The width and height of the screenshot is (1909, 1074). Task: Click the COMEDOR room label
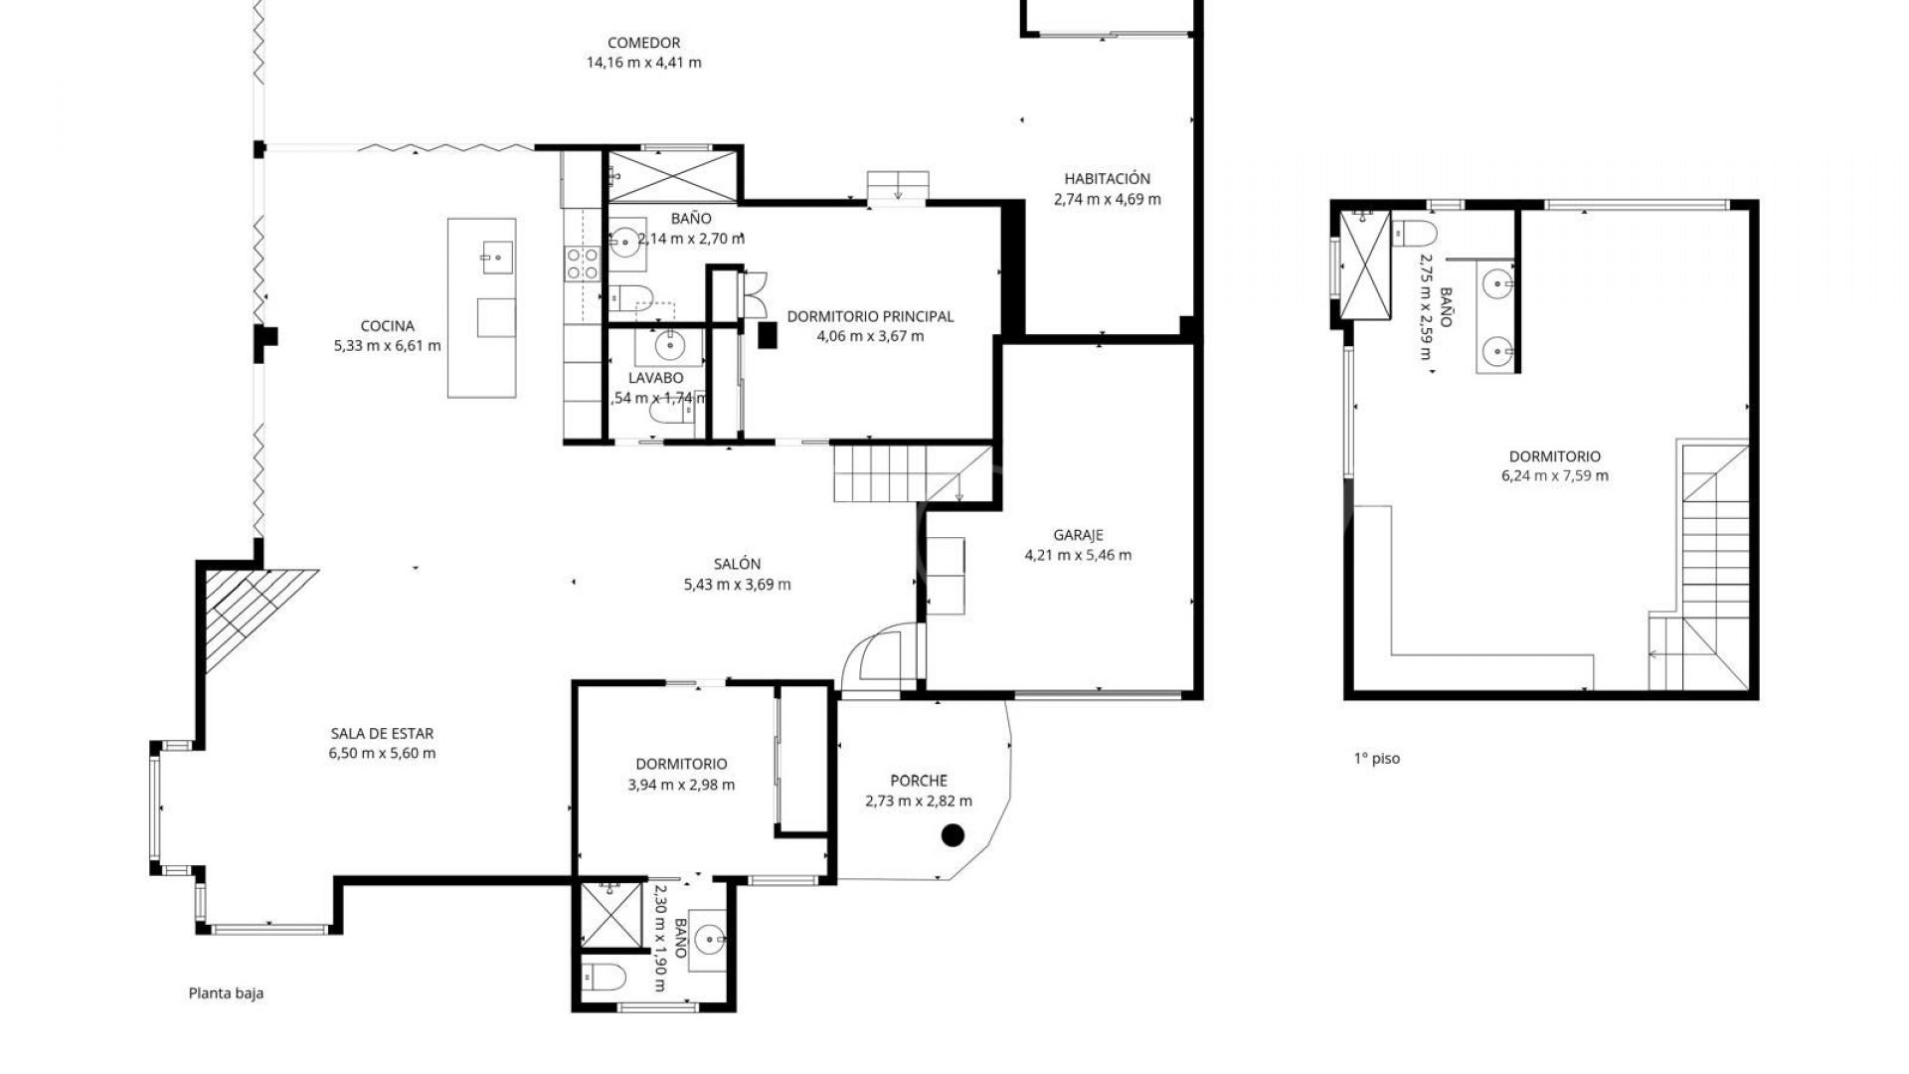coord(643,43)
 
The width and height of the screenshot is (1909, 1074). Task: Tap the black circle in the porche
coord(953,835)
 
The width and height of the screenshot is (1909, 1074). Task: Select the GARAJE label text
coord(1078,535)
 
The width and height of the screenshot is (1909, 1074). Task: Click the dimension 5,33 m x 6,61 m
coord(387,346)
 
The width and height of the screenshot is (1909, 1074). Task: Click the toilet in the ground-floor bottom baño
coord(603,979)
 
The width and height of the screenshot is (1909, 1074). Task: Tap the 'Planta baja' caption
coord(226,992)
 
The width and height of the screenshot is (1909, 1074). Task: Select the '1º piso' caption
coord(1376,759)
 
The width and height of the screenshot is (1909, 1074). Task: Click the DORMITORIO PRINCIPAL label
coord(869,316)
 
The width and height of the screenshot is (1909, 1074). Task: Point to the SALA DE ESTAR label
coord(382,734)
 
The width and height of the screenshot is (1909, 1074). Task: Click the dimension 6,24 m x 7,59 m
coord(1554,476)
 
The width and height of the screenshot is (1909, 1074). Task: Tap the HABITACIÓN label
coord(1107,179)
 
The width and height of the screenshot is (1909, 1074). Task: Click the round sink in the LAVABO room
coord(670,346)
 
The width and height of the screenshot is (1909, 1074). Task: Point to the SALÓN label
coord(736,564)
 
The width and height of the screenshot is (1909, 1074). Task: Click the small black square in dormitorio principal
coord(767,336)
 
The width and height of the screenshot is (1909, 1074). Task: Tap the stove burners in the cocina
coord(583,263)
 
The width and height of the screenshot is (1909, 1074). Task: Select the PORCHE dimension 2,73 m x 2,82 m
coord(919,801)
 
